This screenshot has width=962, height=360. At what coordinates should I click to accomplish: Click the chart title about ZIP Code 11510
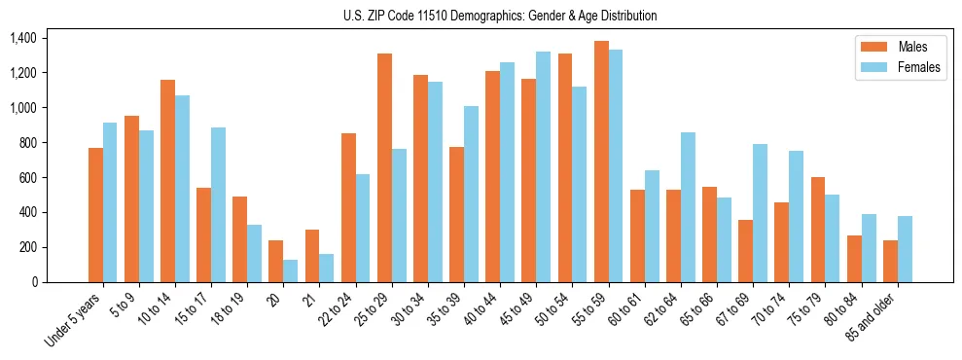coord(500,16)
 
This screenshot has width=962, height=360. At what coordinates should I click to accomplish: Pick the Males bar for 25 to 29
coord(384,167)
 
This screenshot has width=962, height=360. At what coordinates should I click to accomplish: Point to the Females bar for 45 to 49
coord(544,166)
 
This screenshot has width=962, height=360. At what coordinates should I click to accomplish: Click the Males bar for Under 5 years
coord(95,215)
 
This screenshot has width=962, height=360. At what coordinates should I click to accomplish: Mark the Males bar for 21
coord(312,256)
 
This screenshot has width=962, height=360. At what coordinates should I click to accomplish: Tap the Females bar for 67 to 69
coord(761,213)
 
